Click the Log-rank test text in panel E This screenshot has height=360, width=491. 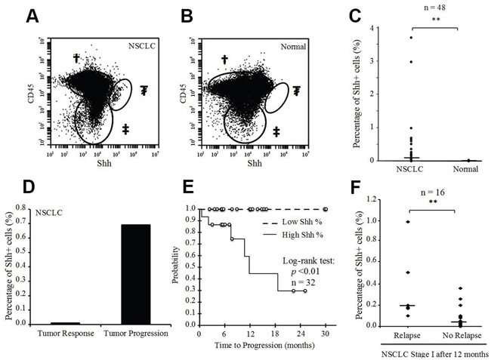click(294, 261)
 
